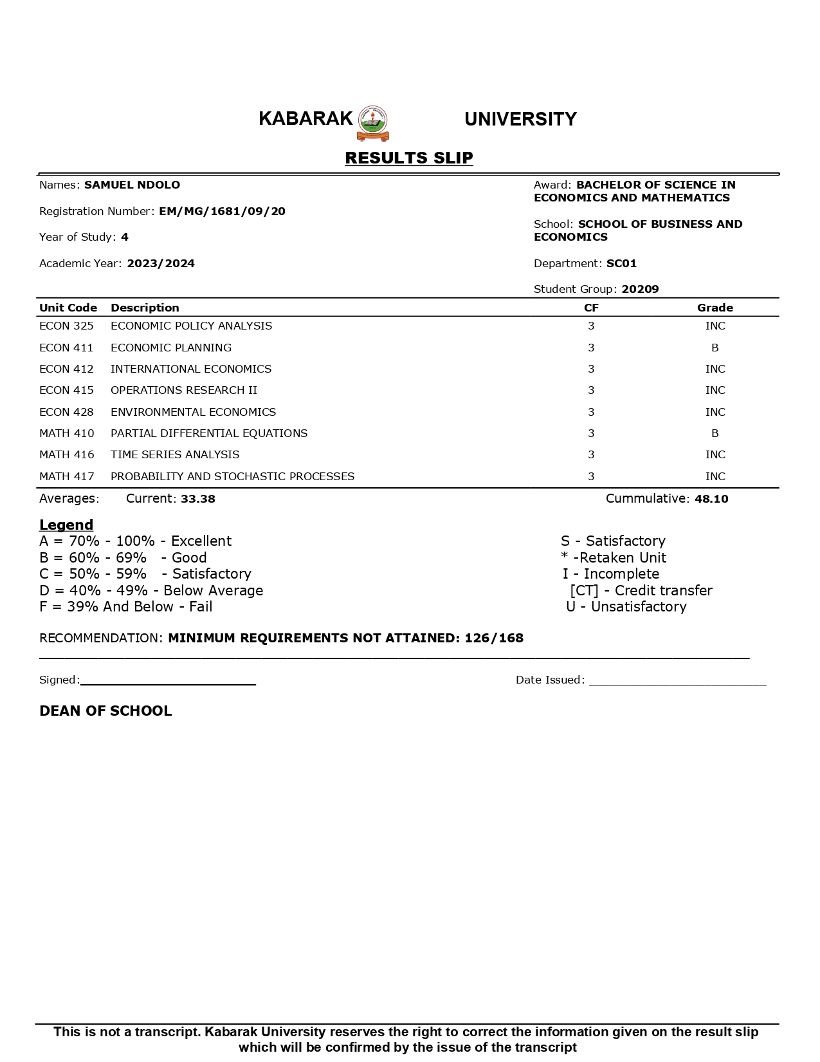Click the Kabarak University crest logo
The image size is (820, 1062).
[373, 123]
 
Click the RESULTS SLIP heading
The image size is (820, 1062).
[409, 158]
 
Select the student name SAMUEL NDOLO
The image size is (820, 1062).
[132, 185]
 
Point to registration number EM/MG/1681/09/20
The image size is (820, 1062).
[222, 211]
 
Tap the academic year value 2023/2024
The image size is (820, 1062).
[161, 263]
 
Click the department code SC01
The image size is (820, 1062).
[621, 263]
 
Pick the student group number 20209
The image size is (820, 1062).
[640, 289]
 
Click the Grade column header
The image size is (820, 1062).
[715, 308]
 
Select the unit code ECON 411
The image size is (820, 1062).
[66, 348]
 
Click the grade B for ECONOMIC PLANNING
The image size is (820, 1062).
[715, 348]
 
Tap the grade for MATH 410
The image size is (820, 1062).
[715, 433]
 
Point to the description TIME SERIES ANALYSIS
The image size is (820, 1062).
[175, 454]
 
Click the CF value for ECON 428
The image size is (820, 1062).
[591, 412]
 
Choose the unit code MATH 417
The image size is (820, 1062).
[66, 476]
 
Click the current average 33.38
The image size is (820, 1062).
[198, 499]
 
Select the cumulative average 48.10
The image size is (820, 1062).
[711, 499]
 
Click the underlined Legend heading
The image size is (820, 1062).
[66, 525]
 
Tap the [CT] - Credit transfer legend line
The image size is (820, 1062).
[641, 590]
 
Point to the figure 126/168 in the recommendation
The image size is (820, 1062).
[494, 638]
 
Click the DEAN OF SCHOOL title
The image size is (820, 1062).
[105, 711]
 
